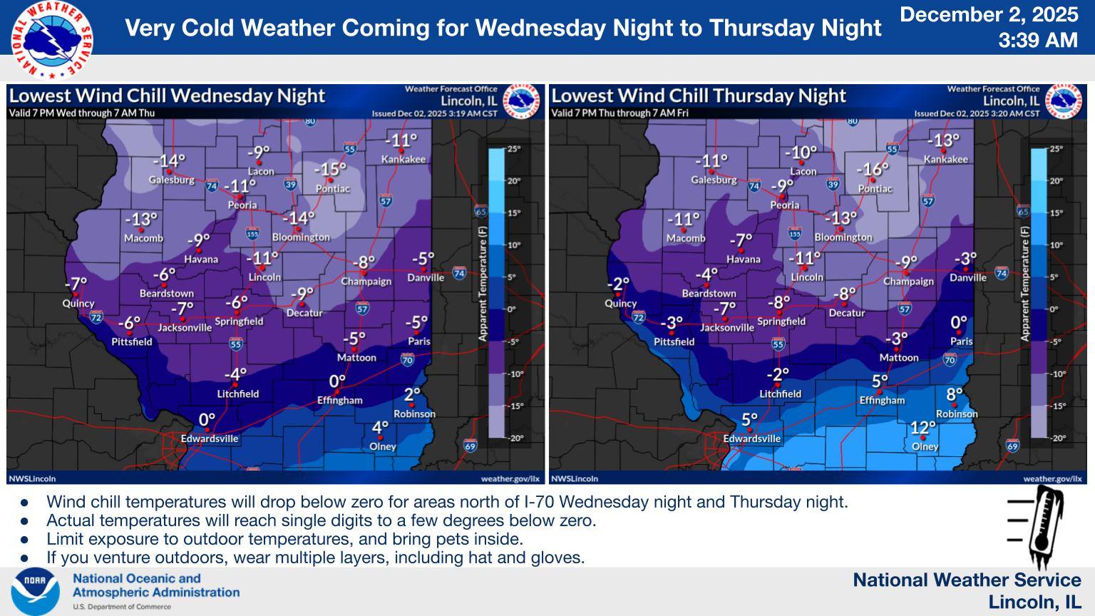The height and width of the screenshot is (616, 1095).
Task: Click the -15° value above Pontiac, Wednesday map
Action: click(330, 170)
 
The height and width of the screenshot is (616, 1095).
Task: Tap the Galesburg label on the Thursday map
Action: click(714, 180)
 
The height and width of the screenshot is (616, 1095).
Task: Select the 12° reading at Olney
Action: click(923, 428)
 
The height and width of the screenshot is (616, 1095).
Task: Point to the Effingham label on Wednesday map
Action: click(340, 400)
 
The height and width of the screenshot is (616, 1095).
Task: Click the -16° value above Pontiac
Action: click(873, 170)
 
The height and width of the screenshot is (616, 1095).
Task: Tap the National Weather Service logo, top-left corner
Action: click(51, 39)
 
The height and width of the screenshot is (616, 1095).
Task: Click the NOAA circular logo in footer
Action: click(35, 591)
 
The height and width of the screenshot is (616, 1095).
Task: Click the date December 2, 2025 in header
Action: click(989, 15)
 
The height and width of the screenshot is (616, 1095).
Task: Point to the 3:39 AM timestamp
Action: click(1037, 40)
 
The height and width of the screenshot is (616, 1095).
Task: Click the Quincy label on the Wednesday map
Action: click(78, 303)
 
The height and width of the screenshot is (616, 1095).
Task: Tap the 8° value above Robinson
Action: click(955, 394)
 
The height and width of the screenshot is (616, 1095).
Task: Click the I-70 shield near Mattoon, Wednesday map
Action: click(407, 360)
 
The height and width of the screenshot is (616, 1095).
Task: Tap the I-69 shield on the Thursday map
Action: click(1012, 446)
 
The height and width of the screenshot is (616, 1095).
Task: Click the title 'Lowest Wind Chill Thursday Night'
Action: click(699, 96)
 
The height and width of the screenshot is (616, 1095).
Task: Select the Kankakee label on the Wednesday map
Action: click(403, 159)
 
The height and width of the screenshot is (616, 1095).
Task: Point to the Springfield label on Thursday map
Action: click(781, 321)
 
